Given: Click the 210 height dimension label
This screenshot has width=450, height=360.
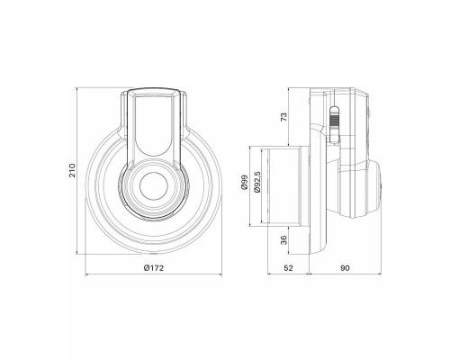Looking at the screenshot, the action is [x=73, y=170].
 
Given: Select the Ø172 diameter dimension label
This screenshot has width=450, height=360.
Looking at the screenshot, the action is [x=154, y=268].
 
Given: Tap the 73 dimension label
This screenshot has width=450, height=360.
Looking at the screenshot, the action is [x=283, y=117].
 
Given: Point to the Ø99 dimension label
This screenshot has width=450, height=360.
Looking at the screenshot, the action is [x=244, y=183].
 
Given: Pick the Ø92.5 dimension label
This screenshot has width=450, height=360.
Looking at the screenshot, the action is [x=257, y=182].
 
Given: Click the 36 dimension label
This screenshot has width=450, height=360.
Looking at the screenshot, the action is [x=283, y=239].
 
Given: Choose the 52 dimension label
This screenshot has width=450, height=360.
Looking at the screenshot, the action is [x=288, y=268].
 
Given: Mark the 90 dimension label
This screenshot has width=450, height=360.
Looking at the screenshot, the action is [x=345, y=268].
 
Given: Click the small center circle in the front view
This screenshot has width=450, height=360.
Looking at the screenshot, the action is [x=154, y=185].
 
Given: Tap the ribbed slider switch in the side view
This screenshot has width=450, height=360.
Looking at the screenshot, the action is [x=334, y=124].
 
